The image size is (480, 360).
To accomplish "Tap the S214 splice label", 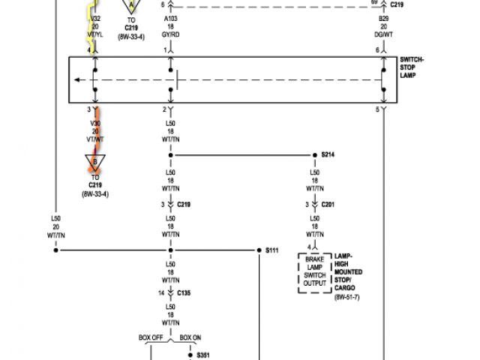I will click(x=328, y=154).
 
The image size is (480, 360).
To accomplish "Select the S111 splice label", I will click(x=272, y=249).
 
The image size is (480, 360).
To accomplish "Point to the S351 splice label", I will click(x=203, y=355).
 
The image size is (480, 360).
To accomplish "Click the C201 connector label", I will click(x=328, y=204).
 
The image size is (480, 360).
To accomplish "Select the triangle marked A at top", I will click(x=132, y=6).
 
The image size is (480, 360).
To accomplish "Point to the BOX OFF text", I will click(x=151, y=337).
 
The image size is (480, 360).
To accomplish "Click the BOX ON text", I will click(x=190, y=337).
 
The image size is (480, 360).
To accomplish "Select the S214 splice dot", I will click(x=314, y=155).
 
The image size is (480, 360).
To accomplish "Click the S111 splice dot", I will click(x=257, y=249).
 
